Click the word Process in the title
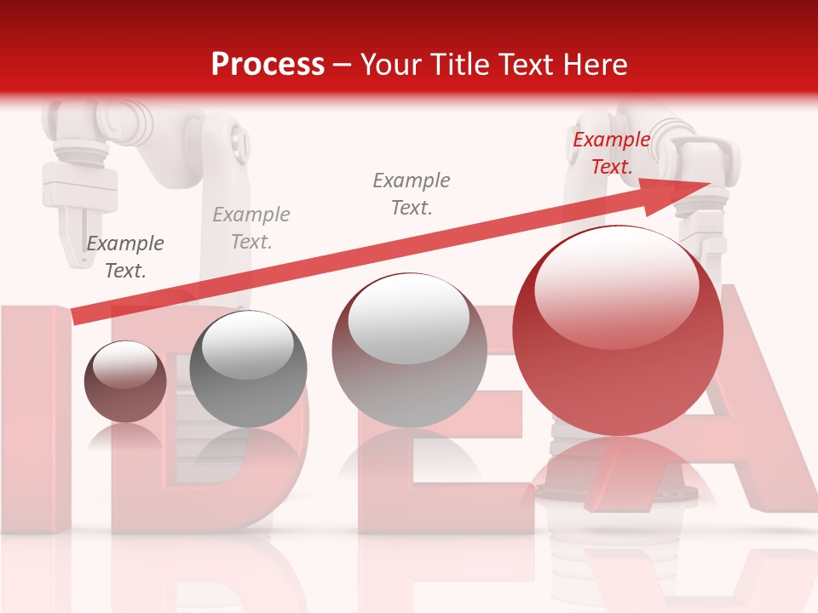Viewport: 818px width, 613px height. click(x=268, y=64)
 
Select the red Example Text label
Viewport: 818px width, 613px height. click(x=611, y=153)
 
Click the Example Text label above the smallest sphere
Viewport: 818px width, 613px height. click(x=125, y=257)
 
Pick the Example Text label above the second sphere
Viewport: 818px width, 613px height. click(x=251, y=228)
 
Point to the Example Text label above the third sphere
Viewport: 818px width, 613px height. click(x=412, y=193)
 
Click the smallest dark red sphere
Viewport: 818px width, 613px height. click(x=125, y=381)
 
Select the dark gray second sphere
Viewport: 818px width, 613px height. click(x=248, y=369)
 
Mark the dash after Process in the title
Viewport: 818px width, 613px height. click(x=342, y=66)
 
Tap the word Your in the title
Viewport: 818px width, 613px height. click(x=391, y=64)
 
